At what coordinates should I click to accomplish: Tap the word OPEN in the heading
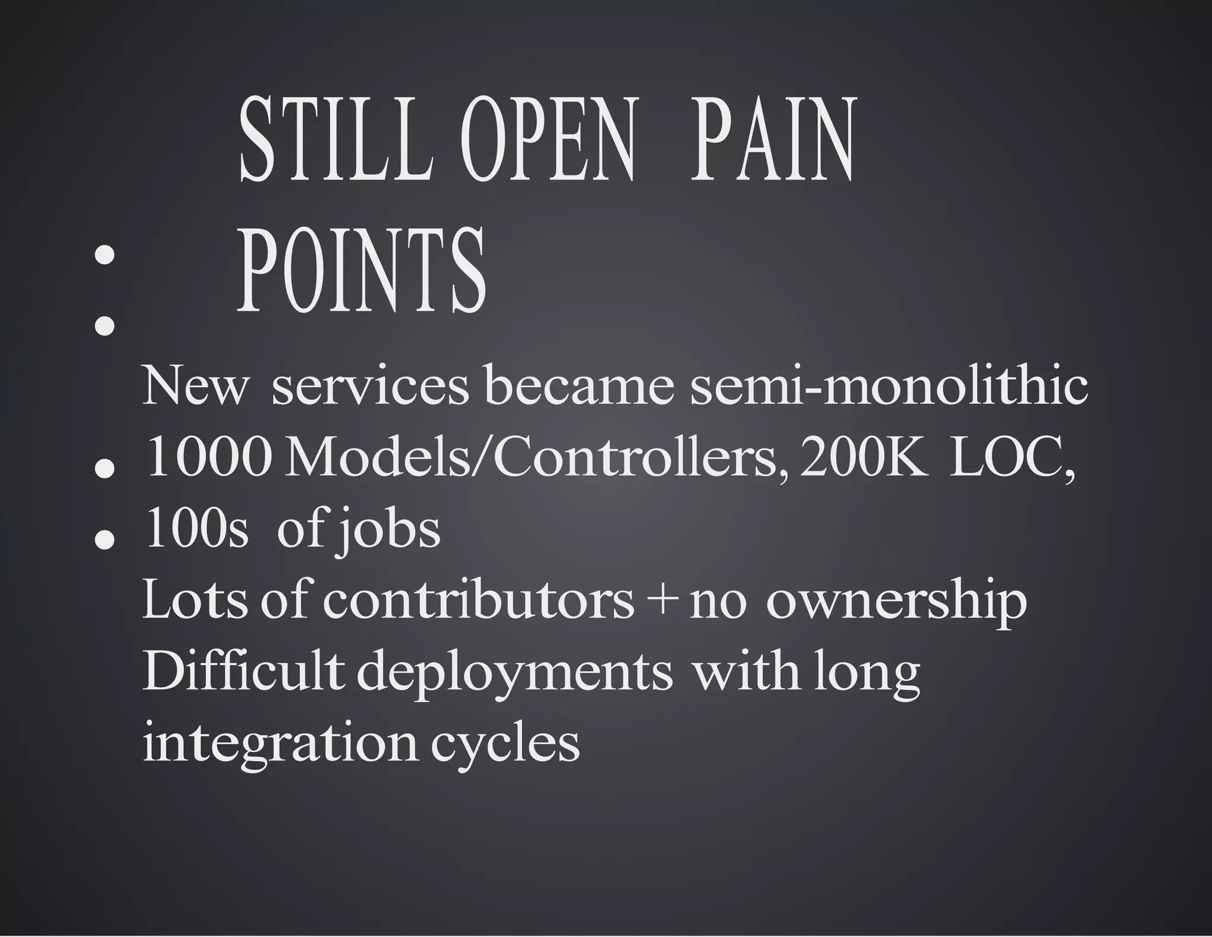547,140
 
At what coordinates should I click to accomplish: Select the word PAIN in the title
772,140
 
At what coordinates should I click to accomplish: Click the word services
370,386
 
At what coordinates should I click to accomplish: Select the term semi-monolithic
889,386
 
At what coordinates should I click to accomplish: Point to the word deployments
515,674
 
